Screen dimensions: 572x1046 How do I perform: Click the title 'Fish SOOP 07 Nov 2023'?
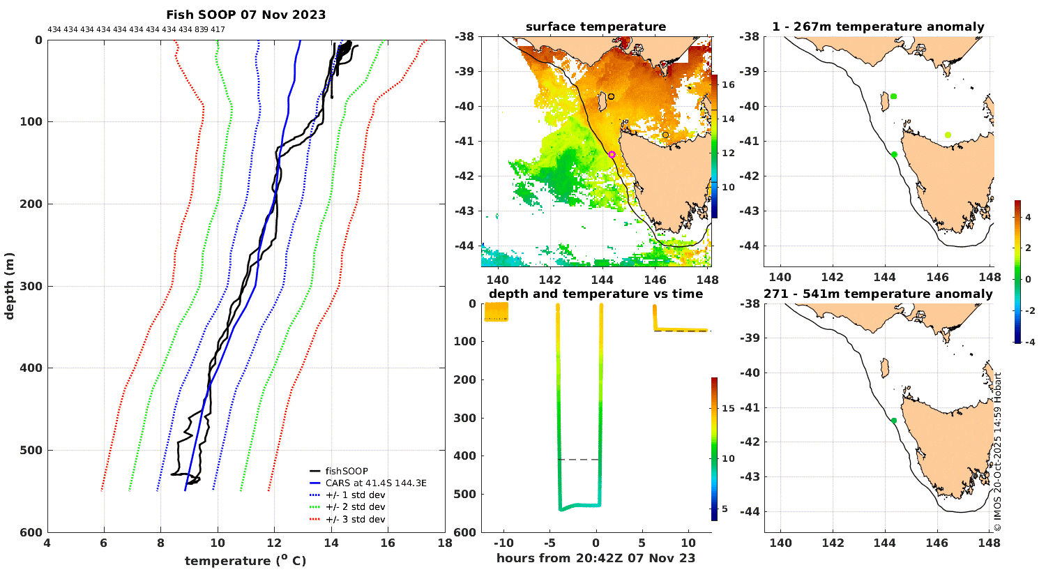click(x=245, y=15)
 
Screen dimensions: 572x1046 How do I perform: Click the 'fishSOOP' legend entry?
click(x=347, y=472)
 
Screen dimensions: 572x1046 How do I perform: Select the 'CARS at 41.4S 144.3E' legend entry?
click(x=376, y=483)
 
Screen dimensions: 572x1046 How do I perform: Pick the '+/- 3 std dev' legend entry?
click(x=355, y=520)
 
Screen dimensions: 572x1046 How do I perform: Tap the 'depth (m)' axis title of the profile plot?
click(x=9, y=286)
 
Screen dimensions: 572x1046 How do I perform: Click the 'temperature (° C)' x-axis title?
click(x=245, y=561)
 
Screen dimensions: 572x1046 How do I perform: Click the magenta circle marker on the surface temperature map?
click(x=612, y=155)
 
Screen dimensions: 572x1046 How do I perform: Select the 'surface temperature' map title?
click(x=596, y=27)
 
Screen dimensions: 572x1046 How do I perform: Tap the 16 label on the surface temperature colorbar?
click(x=728, y=85)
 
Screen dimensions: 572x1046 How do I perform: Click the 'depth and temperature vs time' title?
click(x=596, y=294)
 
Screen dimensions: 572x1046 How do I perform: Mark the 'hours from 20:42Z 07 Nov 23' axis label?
click(x=596, y=558)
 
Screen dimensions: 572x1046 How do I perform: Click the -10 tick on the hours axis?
click(x=503, y=543)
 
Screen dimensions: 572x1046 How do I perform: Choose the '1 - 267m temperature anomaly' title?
click(x=878, y=27)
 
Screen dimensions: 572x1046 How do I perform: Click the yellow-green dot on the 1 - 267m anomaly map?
click(x=948, y=135)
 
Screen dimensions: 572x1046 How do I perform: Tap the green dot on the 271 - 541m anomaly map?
click(x=894, y=421)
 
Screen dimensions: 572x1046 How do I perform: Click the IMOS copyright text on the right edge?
click(x=998, y=452)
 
